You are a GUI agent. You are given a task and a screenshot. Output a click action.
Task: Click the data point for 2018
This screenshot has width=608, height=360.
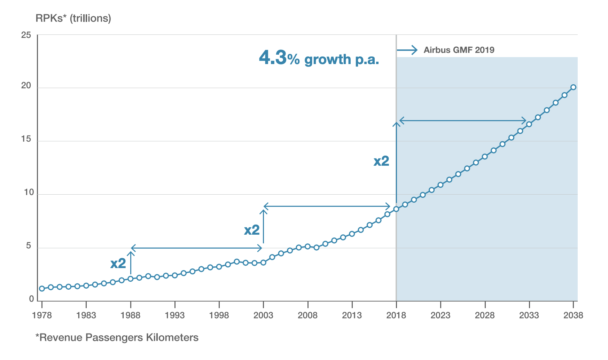[396, 209]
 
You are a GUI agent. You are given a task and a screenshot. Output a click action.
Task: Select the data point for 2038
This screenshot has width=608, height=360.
[574, 87]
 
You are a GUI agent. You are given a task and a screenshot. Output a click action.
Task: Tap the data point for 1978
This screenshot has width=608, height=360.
[42, 289]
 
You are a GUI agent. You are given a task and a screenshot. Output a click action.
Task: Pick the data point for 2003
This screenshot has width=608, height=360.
[263, 263]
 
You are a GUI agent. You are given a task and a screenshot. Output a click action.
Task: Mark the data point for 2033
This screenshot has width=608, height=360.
[529, 124]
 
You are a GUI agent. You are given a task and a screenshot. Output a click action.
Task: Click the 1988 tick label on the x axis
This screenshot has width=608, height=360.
[131, 315]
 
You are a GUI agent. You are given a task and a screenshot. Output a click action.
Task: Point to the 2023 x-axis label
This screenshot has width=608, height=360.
[441, 315]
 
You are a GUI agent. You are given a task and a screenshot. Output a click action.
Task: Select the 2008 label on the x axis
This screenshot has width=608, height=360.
[307, 315]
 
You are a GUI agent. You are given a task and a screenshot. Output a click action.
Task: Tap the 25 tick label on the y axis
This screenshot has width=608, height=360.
[26, 35]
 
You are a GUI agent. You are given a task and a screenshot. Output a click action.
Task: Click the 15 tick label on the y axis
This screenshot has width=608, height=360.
[26, 139]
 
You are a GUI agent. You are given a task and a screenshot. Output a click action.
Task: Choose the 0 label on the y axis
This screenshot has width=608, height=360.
[32, 299]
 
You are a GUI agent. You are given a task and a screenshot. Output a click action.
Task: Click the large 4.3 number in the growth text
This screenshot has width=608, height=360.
[273, 58]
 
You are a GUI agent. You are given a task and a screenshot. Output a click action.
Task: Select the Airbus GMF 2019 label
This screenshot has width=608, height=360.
[459, 50]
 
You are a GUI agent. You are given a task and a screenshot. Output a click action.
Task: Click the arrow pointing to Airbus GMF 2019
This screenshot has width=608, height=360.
[407, 50]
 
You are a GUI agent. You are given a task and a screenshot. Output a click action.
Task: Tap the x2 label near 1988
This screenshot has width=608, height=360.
[118, 264]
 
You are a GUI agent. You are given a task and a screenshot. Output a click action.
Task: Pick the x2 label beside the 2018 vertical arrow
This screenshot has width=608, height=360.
[381, 161]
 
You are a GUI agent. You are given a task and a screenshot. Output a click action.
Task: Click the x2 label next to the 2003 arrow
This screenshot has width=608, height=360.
[252, 230]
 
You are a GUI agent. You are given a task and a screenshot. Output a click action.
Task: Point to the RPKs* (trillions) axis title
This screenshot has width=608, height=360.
[73, 18]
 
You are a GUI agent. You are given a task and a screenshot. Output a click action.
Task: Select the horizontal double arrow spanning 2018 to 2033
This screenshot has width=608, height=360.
[463, 121]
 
